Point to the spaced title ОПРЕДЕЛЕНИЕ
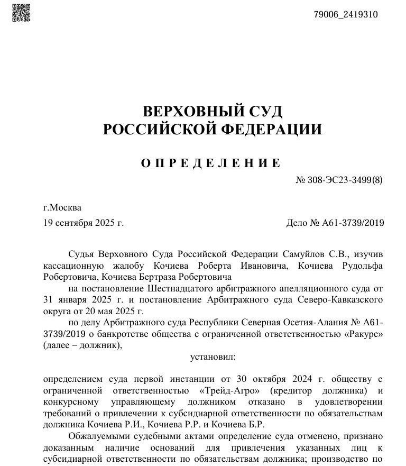coord(211,163)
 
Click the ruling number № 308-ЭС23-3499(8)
coord(339,180)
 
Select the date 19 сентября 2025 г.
coord(84,223)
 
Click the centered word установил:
coord(213,357)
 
